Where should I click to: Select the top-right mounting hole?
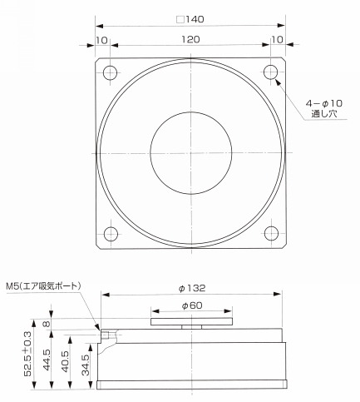[x=270, y=72]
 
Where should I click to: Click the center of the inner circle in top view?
[x=190, y=151]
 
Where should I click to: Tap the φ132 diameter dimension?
[x=193, y=288]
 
